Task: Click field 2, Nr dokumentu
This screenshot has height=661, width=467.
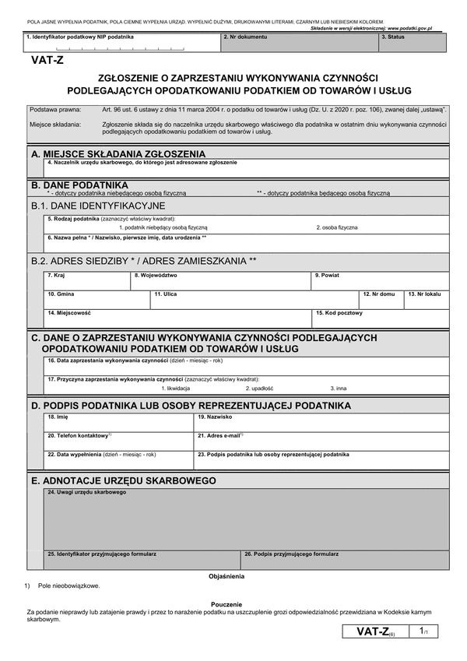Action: click(x=300, y=44)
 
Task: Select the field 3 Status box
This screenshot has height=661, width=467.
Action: click(x=413, y=44)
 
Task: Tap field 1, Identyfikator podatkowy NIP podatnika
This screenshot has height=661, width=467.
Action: click(x=121, y=44)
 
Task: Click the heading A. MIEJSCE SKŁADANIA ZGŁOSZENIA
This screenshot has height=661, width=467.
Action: click(x=118, y=154)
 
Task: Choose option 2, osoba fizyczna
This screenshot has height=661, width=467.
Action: click(x=337, y=227)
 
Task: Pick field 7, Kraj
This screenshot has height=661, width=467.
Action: click(x=87, y=282)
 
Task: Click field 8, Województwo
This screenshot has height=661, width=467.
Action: click(x=221, y=282)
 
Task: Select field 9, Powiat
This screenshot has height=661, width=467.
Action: click(x=380, y=282)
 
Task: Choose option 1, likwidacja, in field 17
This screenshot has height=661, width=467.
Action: click(x=175, y=387)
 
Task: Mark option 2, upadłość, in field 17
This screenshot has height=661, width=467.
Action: click(x=259, y=387)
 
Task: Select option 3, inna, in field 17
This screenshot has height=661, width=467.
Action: click(x=338, y=387)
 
